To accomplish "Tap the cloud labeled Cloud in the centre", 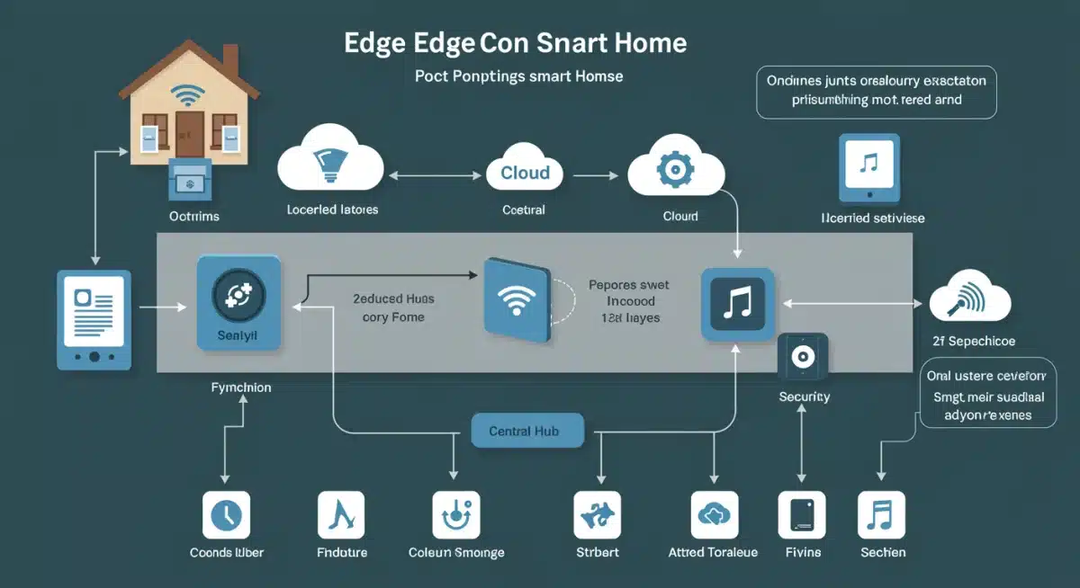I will tap(525, 171).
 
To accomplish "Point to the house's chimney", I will tap(229, 61).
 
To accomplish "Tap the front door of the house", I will tap(190, 134).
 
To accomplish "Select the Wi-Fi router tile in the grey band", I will tap(517, 299).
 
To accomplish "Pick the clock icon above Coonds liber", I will tap(226, 515).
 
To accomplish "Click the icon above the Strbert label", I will tap(598, 515).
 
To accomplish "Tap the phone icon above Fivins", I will tap(802, 515).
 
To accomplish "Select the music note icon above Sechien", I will tap(881, 515).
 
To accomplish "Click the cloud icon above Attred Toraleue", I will tap(714, 515).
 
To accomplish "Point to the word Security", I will tap(805, 396).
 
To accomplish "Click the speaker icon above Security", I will tap(801, 358).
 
